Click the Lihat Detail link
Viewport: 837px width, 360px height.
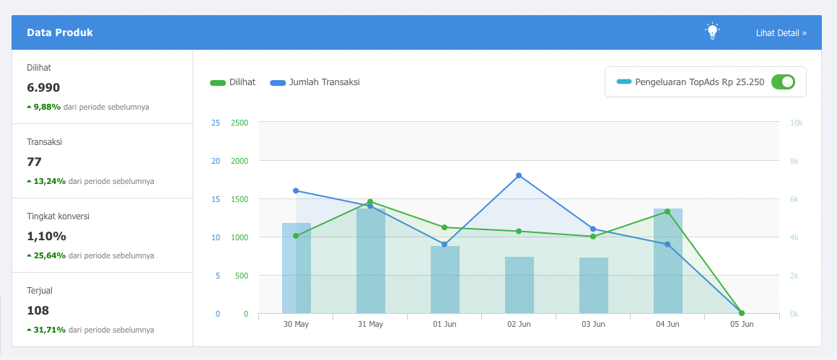click(x=781, y=32)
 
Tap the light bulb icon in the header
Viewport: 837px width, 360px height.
click(x=713, y=31)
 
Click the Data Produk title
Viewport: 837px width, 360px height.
click(x=60, y=32)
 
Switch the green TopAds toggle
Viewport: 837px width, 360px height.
click(x=783, y=82)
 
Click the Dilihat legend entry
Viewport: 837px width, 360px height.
click(x=233, y=82)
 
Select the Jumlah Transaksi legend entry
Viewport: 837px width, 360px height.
click(x=315, y=82)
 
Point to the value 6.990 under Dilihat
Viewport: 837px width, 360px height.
click(x=43, y=88)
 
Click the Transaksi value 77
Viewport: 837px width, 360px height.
click(x=35, y=162)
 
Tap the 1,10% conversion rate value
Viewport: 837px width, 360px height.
click(x=46, y=236)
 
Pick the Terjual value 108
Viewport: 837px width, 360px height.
click(x=38, y=310)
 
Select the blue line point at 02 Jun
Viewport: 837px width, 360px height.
click(x=519, y=175)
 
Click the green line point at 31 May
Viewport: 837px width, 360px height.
click(x=370, y=201)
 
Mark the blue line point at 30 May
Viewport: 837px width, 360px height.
click(x=296, y=190)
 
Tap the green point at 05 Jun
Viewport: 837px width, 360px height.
click(x=742, y=313)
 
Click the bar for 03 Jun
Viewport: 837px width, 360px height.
click(x=593, y=286)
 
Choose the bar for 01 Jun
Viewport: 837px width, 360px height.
click(x=444, y=280)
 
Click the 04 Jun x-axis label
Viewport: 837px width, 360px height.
click(x=667, y=325)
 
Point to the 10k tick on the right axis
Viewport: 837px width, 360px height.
click(x=796, y=123)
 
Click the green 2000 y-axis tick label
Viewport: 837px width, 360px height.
click(x=239, y=161)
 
